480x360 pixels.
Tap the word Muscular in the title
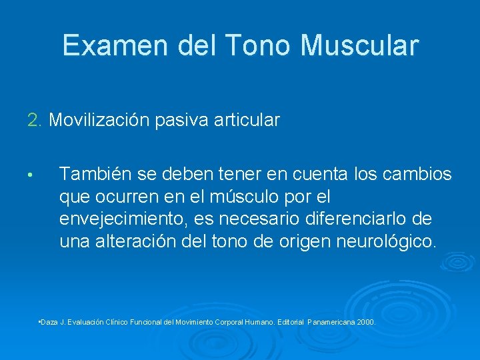coord(360,45)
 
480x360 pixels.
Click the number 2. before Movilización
coord(35,121)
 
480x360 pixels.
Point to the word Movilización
coord(101,121)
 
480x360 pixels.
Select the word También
coord(95,175)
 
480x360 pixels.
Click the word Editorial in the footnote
coord(288,322)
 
